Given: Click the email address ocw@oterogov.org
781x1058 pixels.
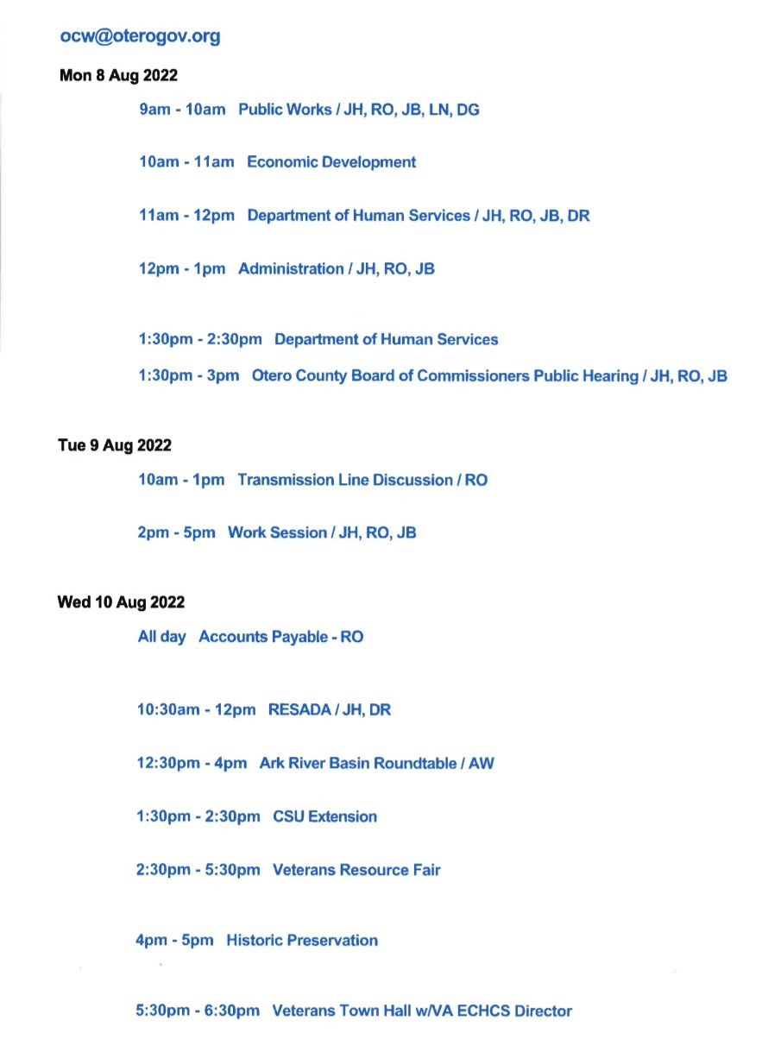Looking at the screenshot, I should [140, 36].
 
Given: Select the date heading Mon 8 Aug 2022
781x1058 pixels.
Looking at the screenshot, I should [118, 76].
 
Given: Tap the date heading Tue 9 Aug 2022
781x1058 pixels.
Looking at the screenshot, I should [115, 445].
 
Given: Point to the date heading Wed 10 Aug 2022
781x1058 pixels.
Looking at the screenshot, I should [121, 602].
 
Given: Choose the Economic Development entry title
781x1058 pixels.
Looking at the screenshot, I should [331, 162].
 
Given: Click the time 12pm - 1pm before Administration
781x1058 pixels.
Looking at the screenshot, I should [182, 269].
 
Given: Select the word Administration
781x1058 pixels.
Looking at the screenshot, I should [290, 269].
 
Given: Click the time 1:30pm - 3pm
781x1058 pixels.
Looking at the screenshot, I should [189, 376].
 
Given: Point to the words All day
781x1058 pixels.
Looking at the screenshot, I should [161, 637].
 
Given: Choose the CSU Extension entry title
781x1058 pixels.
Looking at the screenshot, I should [324, 816].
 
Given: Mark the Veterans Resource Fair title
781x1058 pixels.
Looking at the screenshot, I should [356, 870].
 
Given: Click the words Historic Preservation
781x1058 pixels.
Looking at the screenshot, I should [302, 941].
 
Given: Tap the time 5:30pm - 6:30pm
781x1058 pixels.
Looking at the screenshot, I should [198, 1011].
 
